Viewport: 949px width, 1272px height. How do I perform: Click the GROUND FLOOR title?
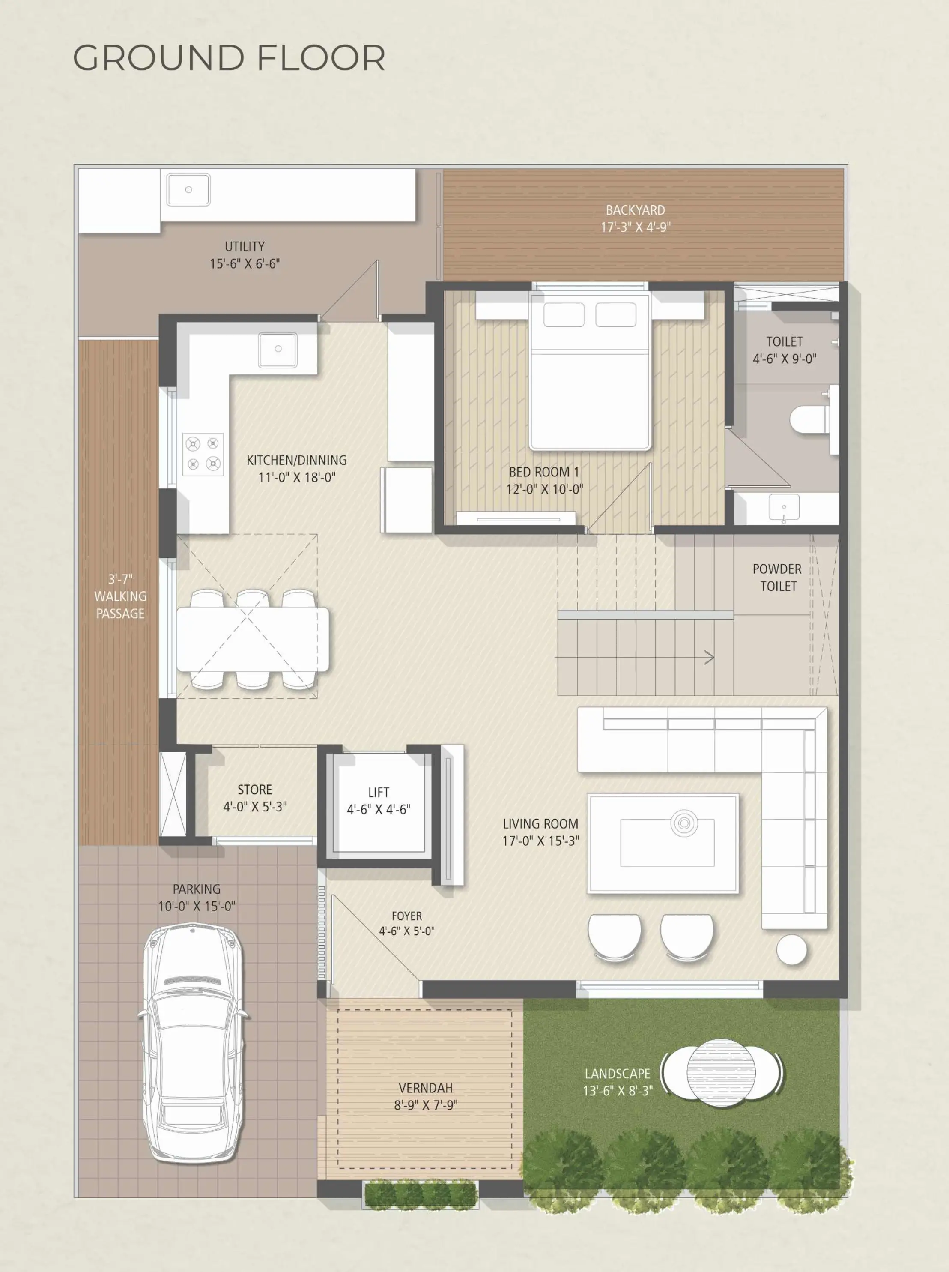229,58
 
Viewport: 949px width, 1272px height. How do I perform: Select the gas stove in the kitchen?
203,454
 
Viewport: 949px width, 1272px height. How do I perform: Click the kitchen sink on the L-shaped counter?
278,349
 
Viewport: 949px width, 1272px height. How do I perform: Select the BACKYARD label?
636,210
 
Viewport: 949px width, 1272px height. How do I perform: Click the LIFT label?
379,792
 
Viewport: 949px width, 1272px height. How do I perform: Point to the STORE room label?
255,790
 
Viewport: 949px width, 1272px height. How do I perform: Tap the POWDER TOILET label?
777,578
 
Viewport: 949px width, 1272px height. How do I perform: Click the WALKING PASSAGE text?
120,605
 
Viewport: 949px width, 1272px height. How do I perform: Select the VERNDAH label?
426,1088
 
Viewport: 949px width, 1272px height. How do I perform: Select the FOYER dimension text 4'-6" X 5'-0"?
407,931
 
